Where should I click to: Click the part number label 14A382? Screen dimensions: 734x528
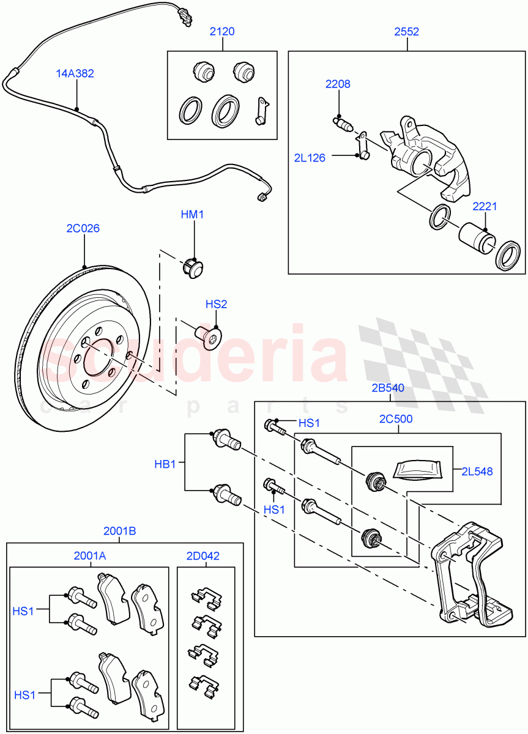(75, 73)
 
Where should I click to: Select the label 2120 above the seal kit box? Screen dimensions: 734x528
(222, 31)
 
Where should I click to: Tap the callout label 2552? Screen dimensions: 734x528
(407, 31)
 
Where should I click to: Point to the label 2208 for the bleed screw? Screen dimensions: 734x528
(338, 84)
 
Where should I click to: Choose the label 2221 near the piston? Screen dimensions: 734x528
(485, 207)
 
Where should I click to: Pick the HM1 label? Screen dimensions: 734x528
(192, 215)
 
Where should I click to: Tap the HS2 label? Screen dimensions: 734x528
(216, 304)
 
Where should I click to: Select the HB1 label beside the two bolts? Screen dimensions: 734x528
(165, 464)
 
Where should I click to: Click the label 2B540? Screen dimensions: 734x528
(387, 387)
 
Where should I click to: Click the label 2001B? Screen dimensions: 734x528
(120, 532)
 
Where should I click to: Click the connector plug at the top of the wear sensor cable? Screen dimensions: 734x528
(183, 15)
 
